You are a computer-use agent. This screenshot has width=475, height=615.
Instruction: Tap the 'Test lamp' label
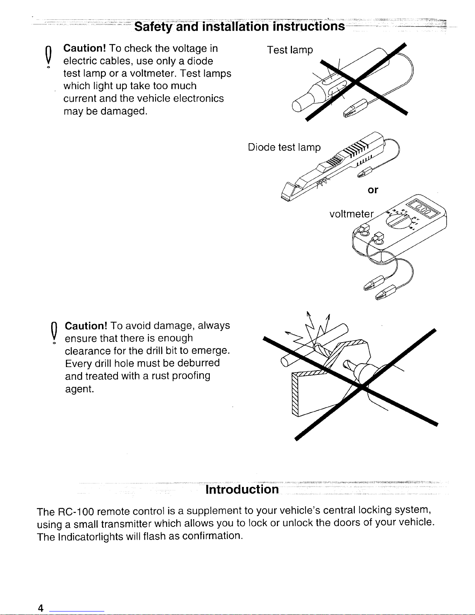coord(290,50)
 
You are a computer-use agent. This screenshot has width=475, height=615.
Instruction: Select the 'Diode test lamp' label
coord(285,148)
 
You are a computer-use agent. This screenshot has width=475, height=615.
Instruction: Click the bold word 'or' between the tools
coord(373,190)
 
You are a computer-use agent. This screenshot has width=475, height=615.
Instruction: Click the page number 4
coord(40,608)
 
